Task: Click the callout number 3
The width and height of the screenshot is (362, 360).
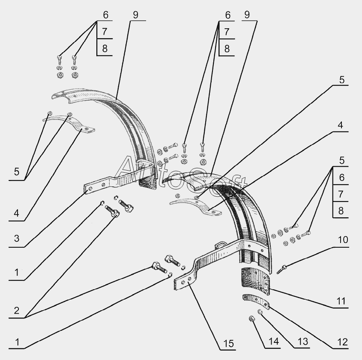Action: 16,238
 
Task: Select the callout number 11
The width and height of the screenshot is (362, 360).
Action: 340,301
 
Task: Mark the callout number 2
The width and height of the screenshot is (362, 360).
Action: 16,310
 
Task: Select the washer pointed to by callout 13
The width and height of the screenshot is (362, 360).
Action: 260,312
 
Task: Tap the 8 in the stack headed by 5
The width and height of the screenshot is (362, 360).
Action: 341,210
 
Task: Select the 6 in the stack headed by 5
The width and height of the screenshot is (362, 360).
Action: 341,177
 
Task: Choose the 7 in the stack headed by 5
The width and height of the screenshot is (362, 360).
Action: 341,194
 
